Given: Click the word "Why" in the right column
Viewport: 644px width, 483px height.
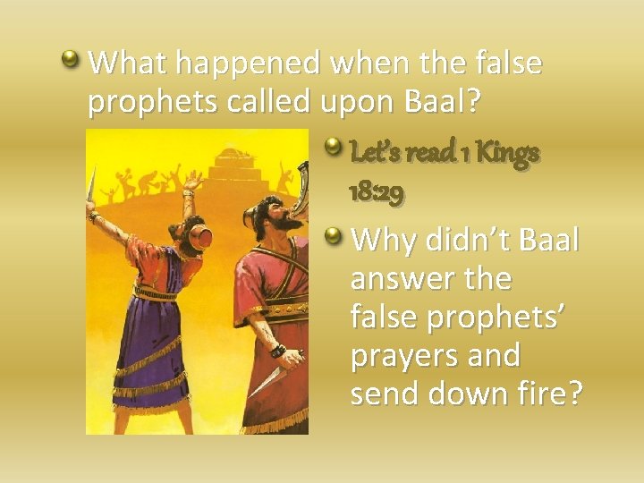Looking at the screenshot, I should tap(386, 240).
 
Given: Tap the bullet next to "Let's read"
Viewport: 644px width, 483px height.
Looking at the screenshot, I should tap(333, 142).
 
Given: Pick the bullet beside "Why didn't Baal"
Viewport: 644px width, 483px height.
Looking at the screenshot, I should tap(333, 236).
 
